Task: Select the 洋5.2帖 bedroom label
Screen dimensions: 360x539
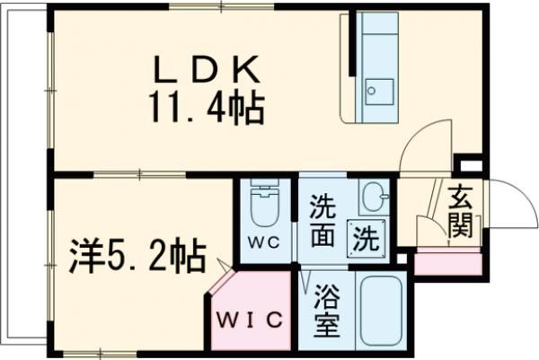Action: click(137, 256)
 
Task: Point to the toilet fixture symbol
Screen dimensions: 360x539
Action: click(265, 206)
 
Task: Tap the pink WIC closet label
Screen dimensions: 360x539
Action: click(251, 319)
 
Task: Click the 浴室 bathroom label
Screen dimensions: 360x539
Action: click(328, 311)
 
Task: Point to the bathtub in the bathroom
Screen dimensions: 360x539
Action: click(378, 311)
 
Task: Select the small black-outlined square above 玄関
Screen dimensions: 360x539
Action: click(469, 166)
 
